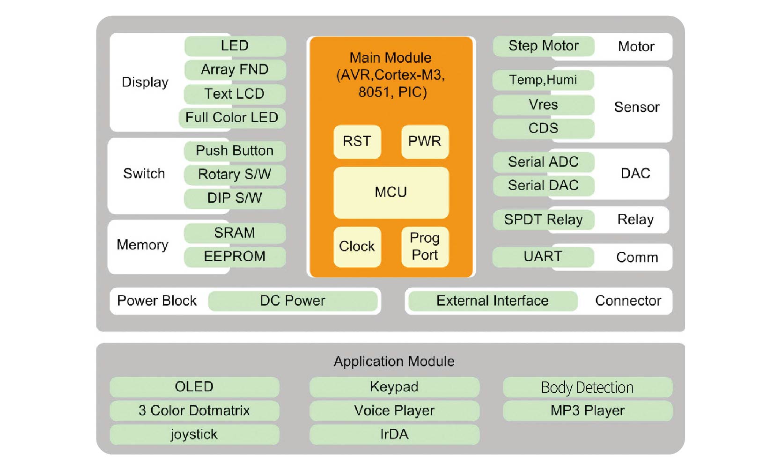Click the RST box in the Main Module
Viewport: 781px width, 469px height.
pos(357,141)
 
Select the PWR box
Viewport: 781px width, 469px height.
pos(425,141)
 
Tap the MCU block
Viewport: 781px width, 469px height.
pos(391,192)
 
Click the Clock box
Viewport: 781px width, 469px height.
pos(357,247)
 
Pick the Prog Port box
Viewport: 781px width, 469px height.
pos(425,247)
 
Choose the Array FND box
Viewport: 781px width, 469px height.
pos(235,70)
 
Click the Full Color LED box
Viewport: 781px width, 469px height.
pos(232,118)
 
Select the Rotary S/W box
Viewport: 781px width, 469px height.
pos(235,174)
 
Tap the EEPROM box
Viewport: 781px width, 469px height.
pos(235,257)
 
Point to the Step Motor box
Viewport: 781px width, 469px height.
pos(544,46)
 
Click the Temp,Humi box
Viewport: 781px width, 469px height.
pos(543,80)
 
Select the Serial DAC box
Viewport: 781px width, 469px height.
pos(544,186)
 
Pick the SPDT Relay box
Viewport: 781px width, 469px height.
pos(544,220)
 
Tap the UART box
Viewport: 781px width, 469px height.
pos(543,257)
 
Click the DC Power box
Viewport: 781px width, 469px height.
pos(293,301)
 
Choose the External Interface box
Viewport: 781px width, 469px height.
pos(493,301)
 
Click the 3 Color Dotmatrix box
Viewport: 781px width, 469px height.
pos(195,411)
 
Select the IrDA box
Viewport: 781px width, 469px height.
pos(394,434)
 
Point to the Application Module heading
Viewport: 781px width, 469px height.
pos(394,361)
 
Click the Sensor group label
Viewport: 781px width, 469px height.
pos(637,107)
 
